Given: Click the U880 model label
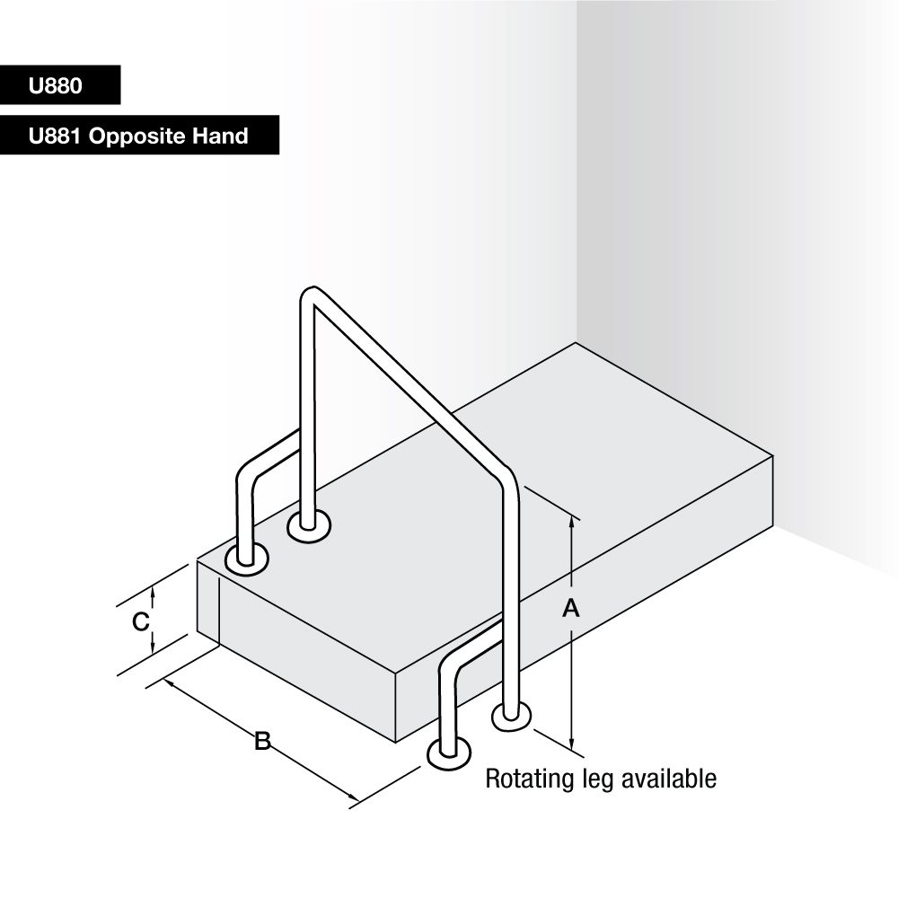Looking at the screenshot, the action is tap(56, 86).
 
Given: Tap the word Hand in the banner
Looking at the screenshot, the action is tap(221, 136).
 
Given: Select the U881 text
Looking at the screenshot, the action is tap(55, 136).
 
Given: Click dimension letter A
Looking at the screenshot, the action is tap(571, 608).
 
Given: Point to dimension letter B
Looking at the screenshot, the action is tap(262, 741).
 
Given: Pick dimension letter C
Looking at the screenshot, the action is tap(141, 621).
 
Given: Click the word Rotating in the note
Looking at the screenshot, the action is tap(530, 779).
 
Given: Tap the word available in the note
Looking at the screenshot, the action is tap(669, 779).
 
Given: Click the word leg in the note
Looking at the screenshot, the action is tap(598, 780).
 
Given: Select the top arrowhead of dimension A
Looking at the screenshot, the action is tap(571, 523).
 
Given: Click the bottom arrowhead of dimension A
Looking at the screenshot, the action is tap(571, 743).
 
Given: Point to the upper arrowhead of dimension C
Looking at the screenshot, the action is tap(153, 594).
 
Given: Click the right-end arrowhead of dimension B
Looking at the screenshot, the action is tap(353, 797).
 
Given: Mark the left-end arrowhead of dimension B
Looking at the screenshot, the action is tap(170, 683).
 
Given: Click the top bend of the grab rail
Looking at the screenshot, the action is tap(309, 294).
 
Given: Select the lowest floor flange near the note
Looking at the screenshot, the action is tap(449, 753).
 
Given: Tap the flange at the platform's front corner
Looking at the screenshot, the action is tap(247, 559).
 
